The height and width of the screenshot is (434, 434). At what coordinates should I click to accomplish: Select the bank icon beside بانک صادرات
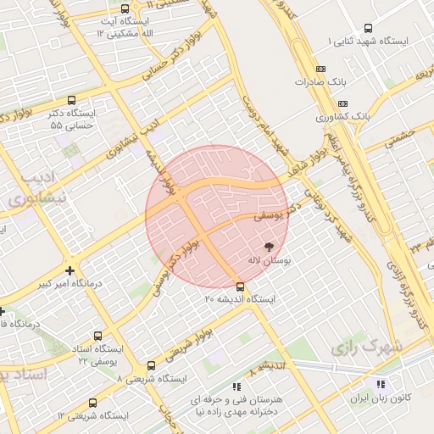coord(319,69)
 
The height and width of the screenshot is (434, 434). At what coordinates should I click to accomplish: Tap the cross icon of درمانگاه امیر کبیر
coord(70,270)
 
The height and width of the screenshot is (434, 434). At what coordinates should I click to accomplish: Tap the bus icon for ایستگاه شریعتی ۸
coord(151,366)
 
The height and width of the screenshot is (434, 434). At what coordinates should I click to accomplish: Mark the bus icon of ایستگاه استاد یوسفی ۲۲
coord(97,336)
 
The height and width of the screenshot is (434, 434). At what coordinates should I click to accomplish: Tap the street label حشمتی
coord(400,138)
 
